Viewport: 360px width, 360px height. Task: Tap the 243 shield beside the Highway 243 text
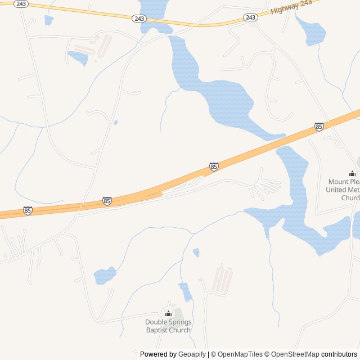click(251, 17)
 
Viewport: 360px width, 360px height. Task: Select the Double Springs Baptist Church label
click(168, 326)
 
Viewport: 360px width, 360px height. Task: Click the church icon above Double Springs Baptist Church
click(168, 313)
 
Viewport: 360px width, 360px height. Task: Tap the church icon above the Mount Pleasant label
click(352, 174)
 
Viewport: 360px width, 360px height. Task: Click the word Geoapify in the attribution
click(192, 354)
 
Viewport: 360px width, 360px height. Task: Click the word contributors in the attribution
click(339, 354)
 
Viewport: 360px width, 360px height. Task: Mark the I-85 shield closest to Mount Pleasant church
click(319, 127)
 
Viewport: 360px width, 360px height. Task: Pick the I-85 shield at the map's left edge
click(28, 210)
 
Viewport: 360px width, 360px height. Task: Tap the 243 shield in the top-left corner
click(21, 4)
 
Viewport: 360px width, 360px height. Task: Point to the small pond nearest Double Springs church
click(185, 291)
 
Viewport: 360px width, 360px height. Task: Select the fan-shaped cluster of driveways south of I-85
click(264, 184)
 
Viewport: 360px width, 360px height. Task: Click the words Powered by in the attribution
click(157, 354)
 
